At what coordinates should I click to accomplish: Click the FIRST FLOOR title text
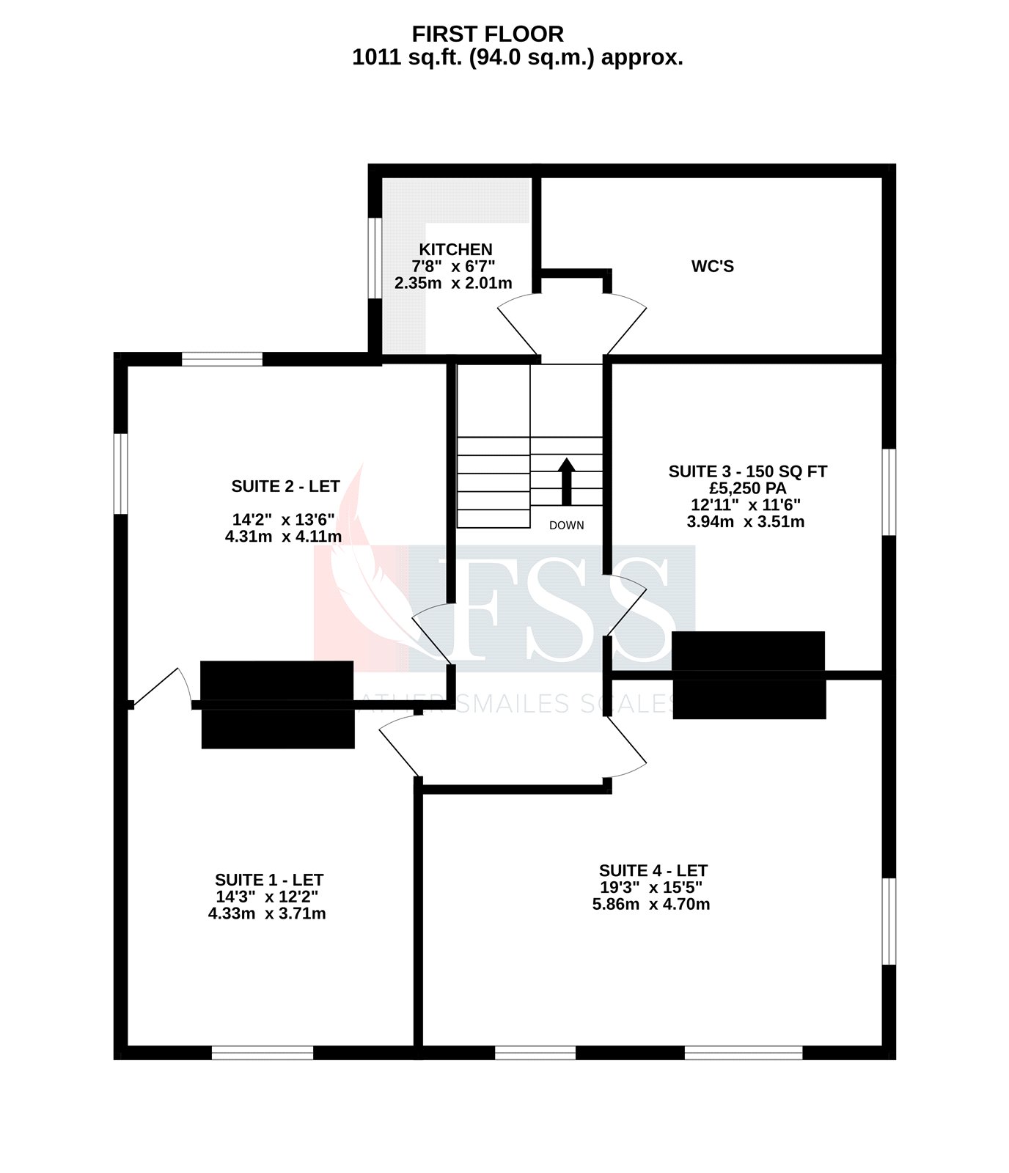[x=488, y=34]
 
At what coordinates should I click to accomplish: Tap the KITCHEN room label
[x=455, y=249]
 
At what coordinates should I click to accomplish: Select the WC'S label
[x=712, y=266]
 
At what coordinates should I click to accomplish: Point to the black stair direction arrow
[x=566, y=482]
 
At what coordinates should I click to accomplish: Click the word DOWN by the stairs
[x=566, y=525]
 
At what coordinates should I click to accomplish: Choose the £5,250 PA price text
[x=746, y=488]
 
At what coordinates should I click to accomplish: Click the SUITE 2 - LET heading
[x=285, y=486]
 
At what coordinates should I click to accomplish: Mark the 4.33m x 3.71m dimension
[x=267, y=913]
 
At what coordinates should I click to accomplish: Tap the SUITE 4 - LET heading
[x=653, y=870]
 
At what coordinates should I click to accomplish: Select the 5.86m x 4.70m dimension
[x=651, y=904]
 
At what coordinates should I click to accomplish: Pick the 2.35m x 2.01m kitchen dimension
[x=453, y=283]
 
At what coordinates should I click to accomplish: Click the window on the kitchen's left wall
[x=374, y=258]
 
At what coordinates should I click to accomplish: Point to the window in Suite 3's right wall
[x=889, y=492]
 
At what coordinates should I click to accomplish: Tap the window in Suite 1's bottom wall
[x=263, y=1052]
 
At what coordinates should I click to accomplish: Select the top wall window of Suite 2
[x=221, y=358]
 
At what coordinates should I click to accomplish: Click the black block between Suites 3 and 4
[x=749, y=674]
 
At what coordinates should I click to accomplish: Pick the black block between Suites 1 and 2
[x=277, y=705]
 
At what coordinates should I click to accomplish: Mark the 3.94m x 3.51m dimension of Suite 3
[x=745, y=522]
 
